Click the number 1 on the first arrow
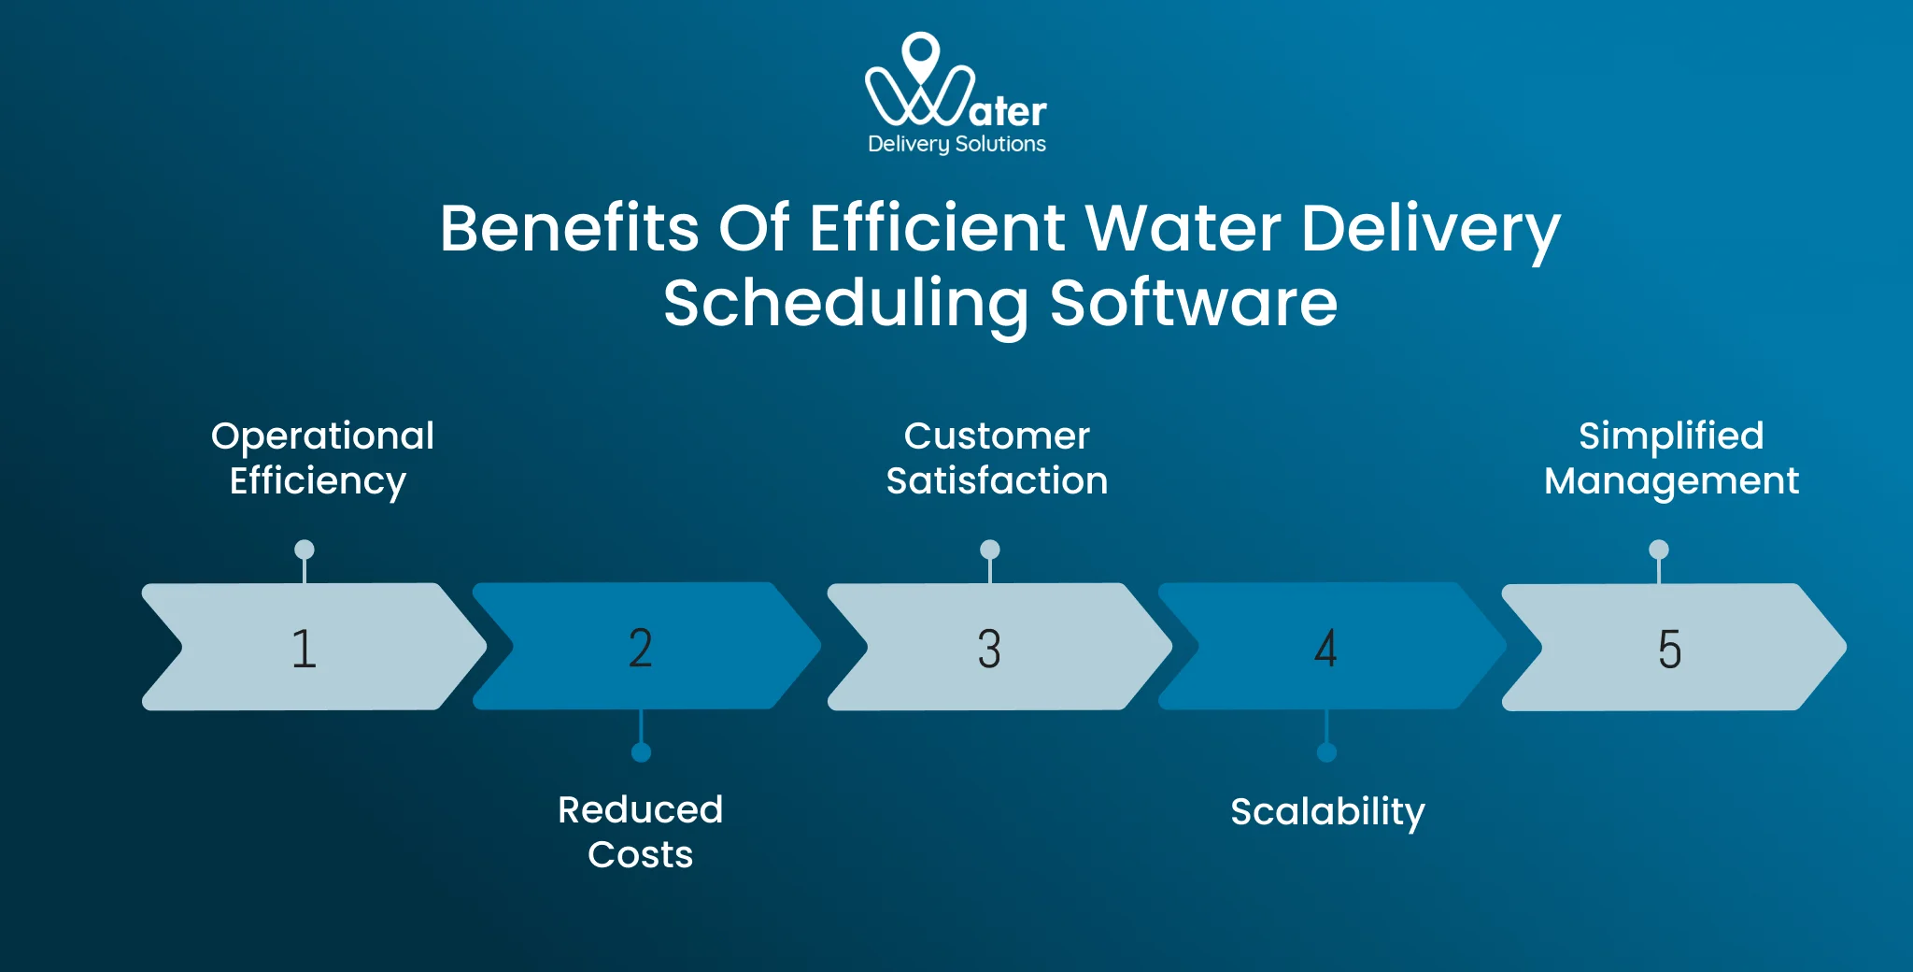point(305,648)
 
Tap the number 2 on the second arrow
point(641,648)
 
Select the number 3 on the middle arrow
point(989,648)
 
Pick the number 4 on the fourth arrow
point(1325,648)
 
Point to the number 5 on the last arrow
point(1669,649)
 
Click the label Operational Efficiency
point(321,458)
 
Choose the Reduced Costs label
point(641,832)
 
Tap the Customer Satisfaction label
point(997,458)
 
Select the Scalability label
point(1327,811)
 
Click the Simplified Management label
point(1671,458)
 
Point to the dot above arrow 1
point(305,550)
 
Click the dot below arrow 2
point(641,752)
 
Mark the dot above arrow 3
point(990,550)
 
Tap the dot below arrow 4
point(1326,752)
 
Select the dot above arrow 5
point(1659,550)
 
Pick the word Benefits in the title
point(569,228)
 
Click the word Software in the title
point(1194,303)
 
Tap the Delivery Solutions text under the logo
point(956,144)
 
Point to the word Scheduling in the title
point(846,305)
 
